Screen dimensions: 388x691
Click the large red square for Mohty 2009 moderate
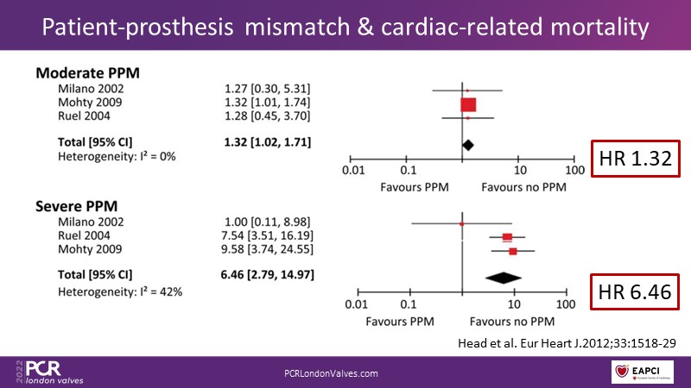[468, 104]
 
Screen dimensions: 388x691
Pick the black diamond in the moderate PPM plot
[468, 145]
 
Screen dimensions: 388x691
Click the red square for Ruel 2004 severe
[507, 237]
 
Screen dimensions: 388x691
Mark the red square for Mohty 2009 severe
[513, 251]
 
